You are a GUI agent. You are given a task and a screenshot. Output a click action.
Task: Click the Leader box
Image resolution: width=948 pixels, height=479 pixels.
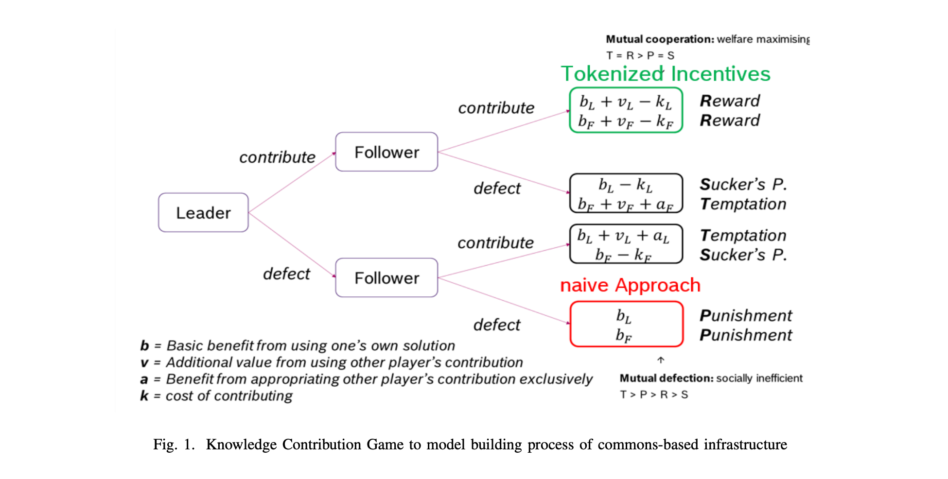click(x=203, y=213)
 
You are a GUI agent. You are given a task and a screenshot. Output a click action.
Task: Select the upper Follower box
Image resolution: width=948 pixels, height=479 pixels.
click(x=386, y=152)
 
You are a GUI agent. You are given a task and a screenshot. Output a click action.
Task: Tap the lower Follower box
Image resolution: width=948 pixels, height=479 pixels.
click(x=386, y=278)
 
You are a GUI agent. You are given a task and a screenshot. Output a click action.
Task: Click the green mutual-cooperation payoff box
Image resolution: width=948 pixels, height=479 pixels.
click(x=626, y=110)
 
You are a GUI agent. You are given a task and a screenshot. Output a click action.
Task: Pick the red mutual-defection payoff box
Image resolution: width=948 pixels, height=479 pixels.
click(x=626, y=324)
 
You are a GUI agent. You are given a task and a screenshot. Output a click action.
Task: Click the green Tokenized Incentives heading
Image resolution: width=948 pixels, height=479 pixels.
click(x=665, y=74)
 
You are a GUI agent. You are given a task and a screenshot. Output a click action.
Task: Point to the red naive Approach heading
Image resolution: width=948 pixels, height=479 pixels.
click(x=630, y=285)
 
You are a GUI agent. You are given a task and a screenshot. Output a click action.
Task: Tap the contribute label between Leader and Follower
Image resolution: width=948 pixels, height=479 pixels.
click(x=277, y=157)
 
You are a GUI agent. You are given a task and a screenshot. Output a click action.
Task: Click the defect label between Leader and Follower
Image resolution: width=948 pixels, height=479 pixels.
click(x=286, y=274)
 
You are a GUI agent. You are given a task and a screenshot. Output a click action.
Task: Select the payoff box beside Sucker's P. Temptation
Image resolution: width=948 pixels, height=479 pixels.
click(x=626, y=193)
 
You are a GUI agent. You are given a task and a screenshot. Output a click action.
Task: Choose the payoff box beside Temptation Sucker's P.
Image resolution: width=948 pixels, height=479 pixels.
click(x=626, y=244)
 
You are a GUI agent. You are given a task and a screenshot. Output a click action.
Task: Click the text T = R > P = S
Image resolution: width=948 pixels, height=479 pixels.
click(x=640, y=56)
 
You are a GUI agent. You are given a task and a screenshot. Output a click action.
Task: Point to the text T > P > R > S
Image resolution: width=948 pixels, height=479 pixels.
click(x=654, y=394)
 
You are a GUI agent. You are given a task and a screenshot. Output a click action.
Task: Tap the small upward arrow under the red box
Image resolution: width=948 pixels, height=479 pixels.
click(x=661, y=360)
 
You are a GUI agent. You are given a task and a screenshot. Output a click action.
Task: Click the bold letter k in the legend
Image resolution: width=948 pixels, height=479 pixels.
click(x=144, y=396)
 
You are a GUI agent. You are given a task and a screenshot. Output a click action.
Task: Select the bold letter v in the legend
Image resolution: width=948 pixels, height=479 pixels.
click(x=144, y=363)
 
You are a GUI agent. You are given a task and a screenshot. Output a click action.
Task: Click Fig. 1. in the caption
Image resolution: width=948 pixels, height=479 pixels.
click(x=174, y=445)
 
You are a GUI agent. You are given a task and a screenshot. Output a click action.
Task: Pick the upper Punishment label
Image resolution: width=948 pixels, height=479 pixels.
click(x=746, y=316)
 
